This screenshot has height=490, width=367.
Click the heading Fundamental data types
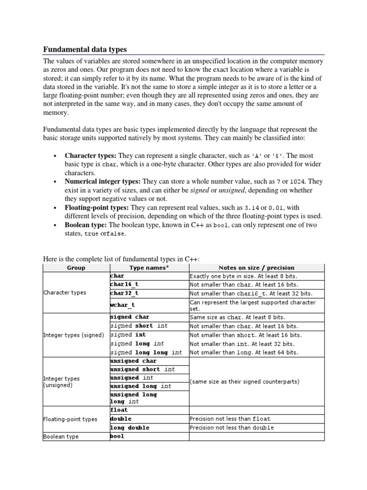85,49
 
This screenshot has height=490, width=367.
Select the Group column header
76,267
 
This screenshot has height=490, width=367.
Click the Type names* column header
149,267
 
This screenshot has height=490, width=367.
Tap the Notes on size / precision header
256,267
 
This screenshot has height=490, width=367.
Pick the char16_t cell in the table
124,284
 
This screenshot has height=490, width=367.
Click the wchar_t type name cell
122,304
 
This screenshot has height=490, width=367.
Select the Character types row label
65,292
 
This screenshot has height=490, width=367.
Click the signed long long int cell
146,352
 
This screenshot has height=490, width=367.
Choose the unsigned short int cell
142,369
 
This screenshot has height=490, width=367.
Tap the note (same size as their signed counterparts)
245,381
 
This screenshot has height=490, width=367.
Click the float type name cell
119,410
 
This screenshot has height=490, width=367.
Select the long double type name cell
130,427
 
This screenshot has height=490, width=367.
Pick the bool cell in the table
117,436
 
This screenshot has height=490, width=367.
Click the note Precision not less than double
231,427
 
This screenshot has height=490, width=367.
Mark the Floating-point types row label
70,419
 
